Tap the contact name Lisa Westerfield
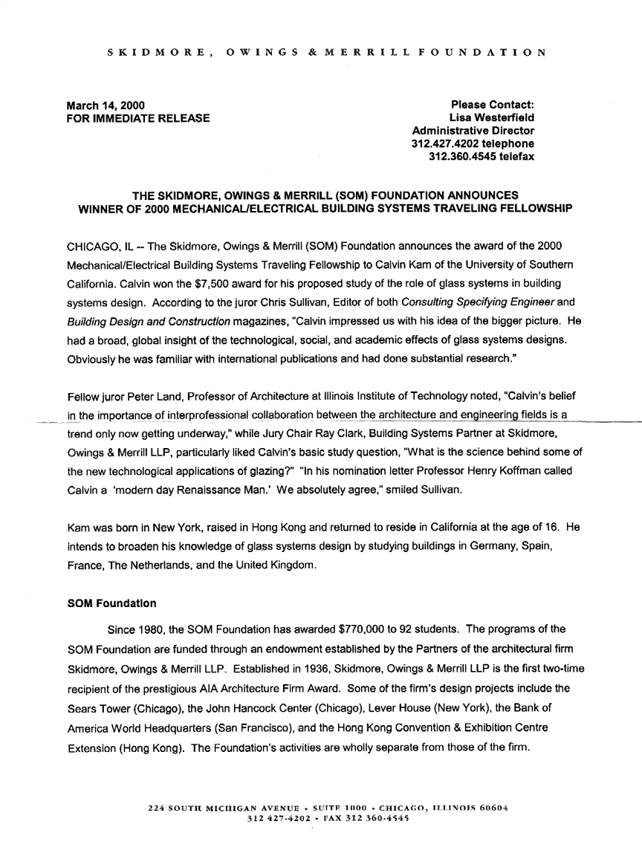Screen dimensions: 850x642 (491, 117)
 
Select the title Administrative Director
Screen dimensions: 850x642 (472, 131)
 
